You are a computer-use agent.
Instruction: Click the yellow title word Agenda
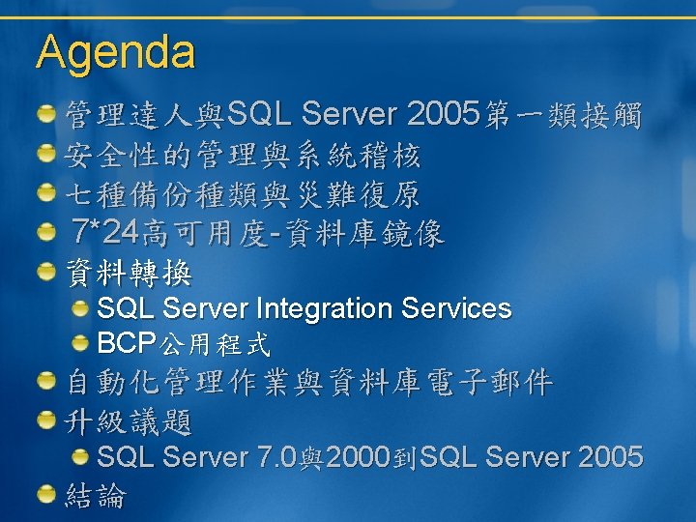[115, 53]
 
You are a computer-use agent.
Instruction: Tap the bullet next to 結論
[46, 494]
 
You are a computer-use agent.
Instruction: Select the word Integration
[324, 309]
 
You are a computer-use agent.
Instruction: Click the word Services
[456, 308]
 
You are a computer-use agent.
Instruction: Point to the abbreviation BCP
[127, 342]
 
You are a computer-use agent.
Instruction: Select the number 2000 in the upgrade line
[359, 456]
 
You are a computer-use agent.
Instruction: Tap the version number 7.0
[276, 456]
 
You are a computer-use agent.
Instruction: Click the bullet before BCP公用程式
[80, 343]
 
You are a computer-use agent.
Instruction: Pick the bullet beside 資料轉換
[46, 272]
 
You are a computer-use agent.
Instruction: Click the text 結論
[96, 495]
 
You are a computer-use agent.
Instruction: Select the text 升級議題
[128, 421]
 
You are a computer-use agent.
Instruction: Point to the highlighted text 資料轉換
[129, 272]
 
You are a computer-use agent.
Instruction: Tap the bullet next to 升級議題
[46, 420]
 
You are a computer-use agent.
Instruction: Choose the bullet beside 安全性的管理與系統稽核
[46, 153]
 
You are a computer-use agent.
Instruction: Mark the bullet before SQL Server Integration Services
[80, 308]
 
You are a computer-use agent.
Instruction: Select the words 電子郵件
[490, 382]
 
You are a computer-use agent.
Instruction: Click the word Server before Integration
[205, 308]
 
